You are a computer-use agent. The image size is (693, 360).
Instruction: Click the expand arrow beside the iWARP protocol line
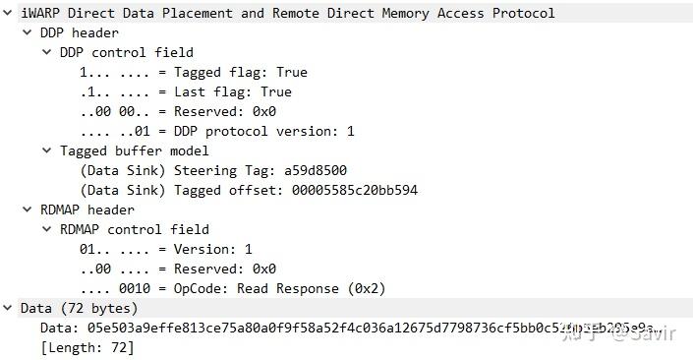click(9, 14)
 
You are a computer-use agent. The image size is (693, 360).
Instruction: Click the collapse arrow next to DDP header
click(27, 33)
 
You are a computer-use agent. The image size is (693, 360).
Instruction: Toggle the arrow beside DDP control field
click(46, 53)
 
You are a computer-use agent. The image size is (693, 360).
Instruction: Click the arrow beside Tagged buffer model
click(46, 151)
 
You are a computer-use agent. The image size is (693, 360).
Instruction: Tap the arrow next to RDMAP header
click(27, 210)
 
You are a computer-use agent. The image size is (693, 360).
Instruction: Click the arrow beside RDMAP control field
click(46, 230)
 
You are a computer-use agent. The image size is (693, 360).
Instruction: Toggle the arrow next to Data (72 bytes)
click(9, 309)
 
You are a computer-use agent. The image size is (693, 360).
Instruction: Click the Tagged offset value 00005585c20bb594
click(354, 191)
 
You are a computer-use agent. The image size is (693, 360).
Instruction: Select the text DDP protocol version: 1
click(264, 132)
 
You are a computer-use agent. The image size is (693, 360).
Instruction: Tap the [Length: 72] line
click(87, 348)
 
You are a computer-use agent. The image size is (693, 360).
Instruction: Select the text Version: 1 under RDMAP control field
click(213, 250)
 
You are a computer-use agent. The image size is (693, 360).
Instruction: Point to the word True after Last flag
click(276, 92)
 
